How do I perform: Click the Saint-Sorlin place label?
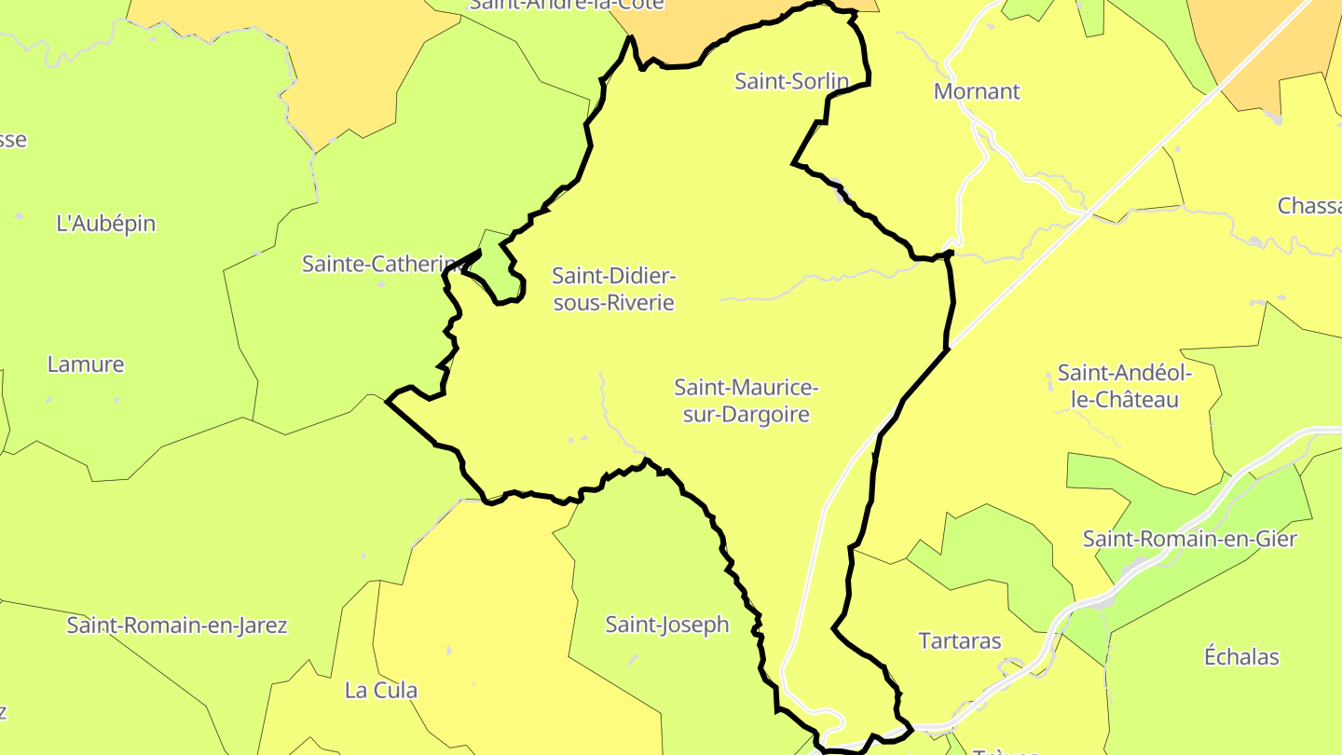pyautogui.click(x=791, y=81)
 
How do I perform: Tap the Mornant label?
pyautogui.click(x=977, y=91)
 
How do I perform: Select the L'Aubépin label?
pyautogui.click(x=106, y=224)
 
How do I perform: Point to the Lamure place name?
pyautogui.click(x=86, y=364)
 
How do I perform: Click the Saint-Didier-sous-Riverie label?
pyautogui.click(x=613, y=289)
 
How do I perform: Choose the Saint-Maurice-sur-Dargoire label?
pyautogui.click(x=746, y=400)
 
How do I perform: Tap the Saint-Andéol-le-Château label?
pyautogui.click(x=1125, y=386)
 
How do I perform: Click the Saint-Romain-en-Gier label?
pyautogui.click(x=1189, y=539)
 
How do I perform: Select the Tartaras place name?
pyautogui.click(x=960, y=641)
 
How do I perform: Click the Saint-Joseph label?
pyautogui.click(x=667, y=625)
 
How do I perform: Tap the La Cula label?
pyautogui.click(x=381, y=691)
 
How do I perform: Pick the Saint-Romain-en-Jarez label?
pyautogui.click(x=177, y=625)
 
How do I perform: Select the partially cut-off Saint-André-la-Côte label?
pyautogui.click(x=566, y=5)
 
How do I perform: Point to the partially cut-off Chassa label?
pyautogui.click(x=1308, y=206)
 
